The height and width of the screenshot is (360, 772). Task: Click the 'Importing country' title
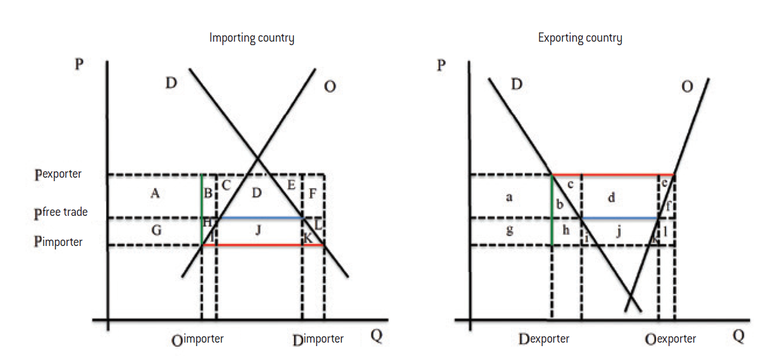point(252,39)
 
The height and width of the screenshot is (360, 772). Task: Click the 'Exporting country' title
point(580,39)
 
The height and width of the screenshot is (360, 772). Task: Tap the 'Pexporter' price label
point(59,174)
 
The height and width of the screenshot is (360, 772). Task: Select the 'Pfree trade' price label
point(61,212)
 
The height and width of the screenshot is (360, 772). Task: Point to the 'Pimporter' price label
point(59,243)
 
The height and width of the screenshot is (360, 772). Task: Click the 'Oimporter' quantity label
point(198,340)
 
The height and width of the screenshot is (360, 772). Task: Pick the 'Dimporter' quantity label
point(318,340)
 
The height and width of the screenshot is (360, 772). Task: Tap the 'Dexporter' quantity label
point(544,340)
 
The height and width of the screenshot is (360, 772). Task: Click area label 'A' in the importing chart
point(155,194)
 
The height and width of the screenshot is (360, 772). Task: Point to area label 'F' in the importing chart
point(313,193)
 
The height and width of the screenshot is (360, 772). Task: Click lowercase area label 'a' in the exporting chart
point(509,197)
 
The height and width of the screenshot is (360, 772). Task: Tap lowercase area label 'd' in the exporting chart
point(611,198)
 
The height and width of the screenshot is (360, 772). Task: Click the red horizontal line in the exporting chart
point(613,174)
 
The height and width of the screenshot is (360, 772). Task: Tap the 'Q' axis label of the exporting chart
point(738,336)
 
